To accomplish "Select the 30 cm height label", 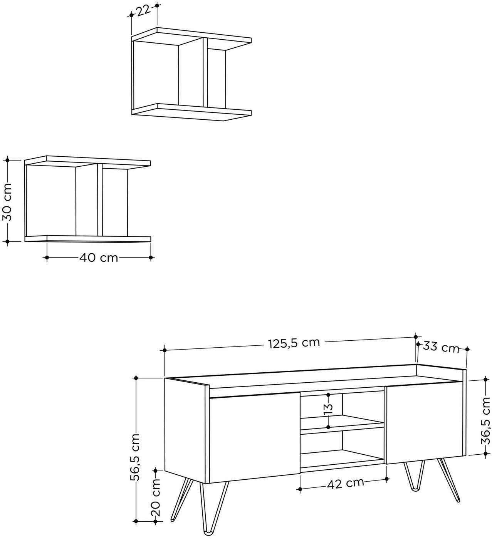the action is click(x=8, y=202).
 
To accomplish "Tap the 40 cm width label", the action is click(x=99, y=258).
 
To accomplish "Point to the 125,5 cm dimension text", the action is click(x=294, y=343).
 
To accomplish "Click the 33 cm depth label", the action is click(x=441, y=347).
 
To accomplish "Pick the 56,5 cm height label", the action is click(x=135, y=457).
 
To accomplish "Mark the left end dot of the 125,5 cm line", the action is click(x=165, y=350).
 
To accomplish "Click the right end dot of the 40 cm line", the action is click(x=151, y=258).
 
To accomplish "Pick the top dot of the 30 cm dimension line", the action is click(x=8, y=160).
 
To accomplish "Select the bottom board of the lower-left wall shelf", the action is click(x=88, y=239).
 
